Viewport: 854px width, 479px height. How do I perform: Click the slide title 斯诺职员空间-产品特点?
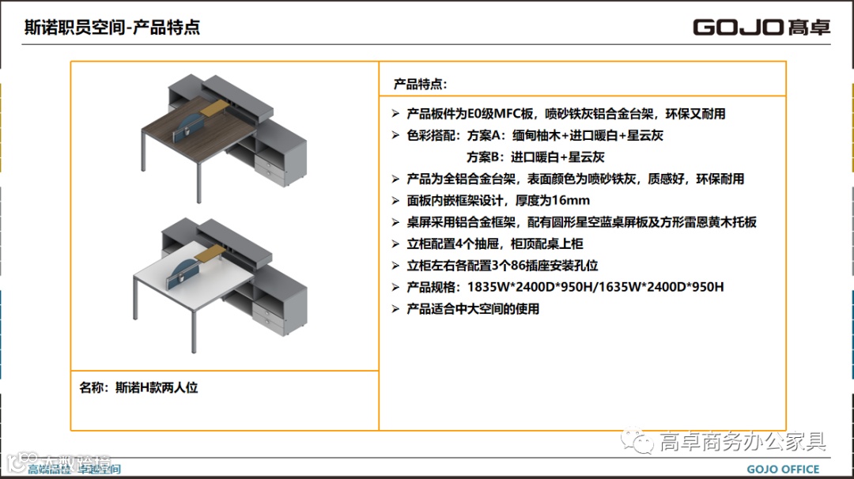tap(111, 28)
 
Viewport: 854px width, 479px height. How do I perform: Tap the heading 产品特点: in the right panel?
tap(420, 84)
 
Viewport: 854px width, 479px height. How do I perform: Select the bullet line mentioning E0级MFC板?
tap(565, 114)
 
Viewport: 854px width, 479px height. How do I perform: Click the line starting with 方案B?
tap(535, 157)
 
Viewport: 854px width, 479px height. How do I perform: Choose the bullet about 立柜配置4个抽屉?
tap(494, 244)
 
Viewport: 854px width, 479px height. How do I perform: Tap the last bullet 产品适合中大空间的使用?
tap(472, 309)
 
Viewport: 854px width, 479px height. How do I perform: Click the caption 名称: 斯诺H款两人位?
tap(138, 387)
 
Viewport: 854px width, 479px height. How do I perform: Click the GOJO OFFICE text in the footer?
tap(783, 470)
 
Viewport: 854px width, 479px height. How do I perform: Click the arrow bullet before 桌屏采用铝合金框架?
tap(396, 222)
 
